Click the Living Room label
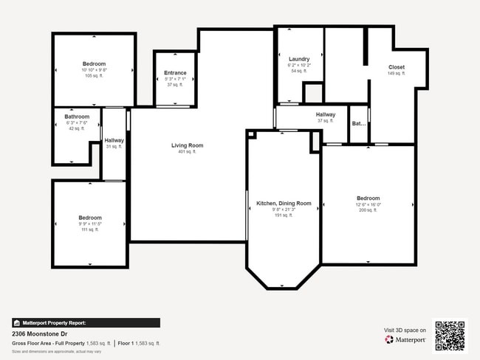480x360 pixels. click(x=187, y=145)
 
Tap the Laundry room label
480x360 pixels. click(x=299, y=58)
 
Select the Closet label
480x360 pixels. click(x=397, y=67)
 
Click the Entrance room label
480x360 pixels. click(x=175, y=72)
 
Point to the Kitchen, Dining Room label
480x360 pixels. click(x=284, y=203)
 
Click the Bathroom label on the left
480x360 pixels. click(x=77, y=117)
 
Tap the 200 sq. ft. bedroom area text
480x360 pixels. click(x=368, y=210)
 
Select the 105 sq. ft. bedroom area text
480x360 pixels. click(x=94, y=76)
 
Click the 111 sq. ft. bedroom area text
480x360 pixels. click(x=90, y=229)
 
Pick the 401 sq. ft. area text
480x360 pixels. click(x=187, y=152)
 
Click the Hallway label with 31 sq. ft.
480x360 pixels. click(x=114, y=140)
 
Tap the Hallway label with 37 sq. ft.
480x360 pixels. click(x=326, y=114)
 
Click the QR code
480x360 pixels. click(x=450, y=334)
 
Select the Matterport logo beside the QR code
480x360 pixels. click(x=405, y=340)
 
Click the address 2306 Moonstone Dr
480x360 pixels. click(x=35, y=333)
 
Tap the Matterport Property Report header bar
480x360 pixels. click(x=86, y=322)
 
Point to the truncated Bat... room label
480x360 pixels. click(x=358, y=124)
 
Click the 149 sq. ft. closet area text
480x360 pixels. click(x=397, y=74)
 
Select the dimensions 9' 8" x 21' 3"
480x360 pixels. click(x=284, y=210)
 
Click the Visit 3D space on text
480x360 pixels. click(x=405, y=330)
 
